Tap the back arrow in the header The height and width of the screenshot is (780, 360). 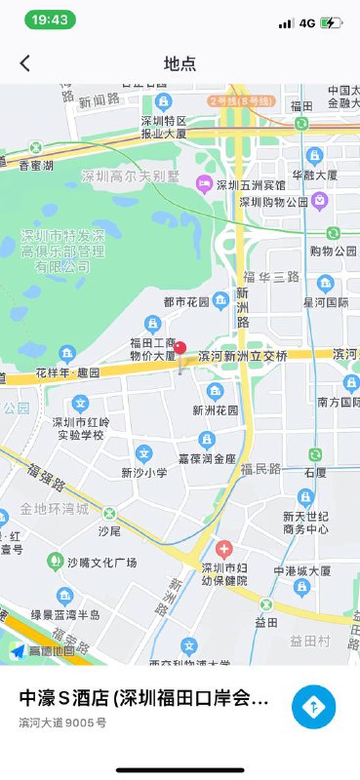25,63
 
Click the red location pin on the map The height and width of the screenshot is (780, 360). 180,348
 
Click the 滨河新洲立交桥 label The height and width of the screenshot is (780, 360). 243,357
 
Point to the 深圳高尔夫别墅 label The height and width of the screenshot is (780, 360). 132,176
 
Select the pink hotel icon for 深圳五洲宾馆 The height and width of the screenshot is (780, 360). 204,183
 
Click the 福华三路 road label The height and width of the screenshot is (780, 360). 271,277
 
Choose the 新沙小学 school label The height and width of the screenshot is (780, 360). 144,472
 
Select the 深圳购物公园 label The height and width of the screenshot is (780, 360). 274,202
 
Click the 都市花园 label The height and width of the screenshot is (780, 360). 186,301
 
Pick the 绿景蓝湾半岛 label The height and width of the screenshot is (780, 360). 65,614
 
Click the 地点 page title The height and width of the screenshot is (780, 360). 180,63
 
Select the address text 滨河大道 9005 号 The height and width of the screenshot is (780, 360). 63,722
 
